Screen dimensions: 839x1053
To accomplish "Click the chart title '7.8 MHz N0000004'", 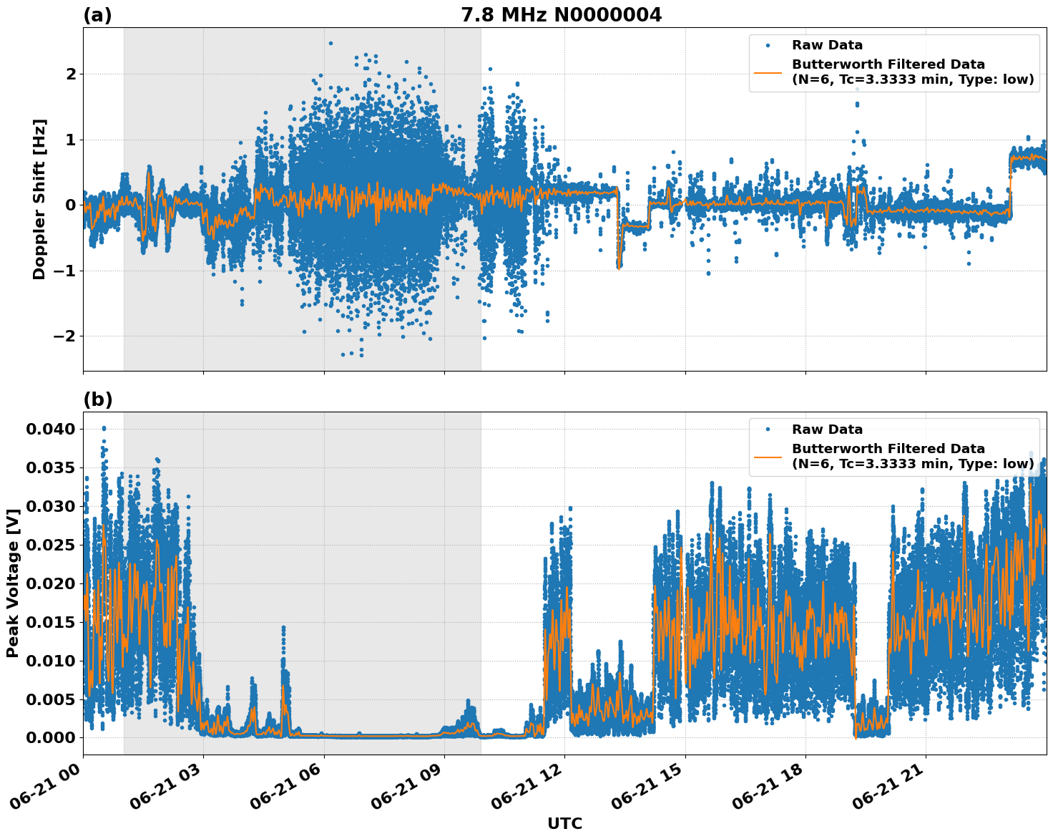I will pos(561,15).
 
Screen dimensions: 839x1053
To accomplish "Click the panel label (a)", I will pos(97,15).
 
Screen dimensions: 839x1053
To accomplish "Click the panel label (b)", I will pos(97,399).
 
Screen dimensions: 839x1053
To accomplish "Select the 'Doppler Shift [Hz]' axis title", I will pos(39,199).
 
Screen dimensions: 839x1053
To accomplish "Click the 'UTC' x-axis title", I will pos(564,823).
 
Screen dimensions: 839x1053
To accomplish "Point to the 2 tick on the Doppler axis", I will pos(71,74).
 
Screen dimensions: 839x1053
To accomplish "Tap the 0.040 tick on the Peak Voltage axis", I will pos(50,430).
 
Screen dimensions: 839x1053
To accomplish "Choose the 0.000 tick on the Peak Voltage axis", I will pos(50,738).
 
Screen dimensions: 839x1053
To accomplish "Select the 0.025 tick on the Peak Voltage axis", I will pos(50,545).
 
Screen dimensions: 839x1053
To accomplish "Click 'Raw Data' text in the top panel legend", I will pos(827,45).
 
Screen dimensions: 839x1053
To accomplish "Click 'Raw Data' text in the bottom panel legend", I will pos(827,430).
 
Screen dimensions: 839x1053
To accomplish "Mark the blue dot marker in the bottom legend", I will pos(768,430).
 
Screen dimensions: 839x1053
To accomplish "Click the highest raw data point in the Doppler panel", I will pos(330,43).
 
